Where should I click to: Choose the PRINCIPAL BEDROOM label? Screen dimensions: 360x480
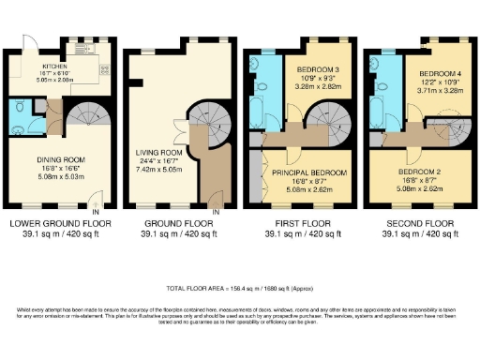(308, 173)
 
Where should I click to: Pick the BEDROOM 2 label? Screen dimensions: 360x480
(419, 173)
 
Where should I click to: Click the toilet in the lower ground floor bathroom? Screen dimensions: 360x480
(21, 110)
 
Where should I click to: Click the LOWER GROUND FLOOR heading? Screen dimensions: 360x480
(58, 223)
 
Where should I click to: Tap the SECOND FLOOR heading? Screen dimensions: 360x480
(418, 223)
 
